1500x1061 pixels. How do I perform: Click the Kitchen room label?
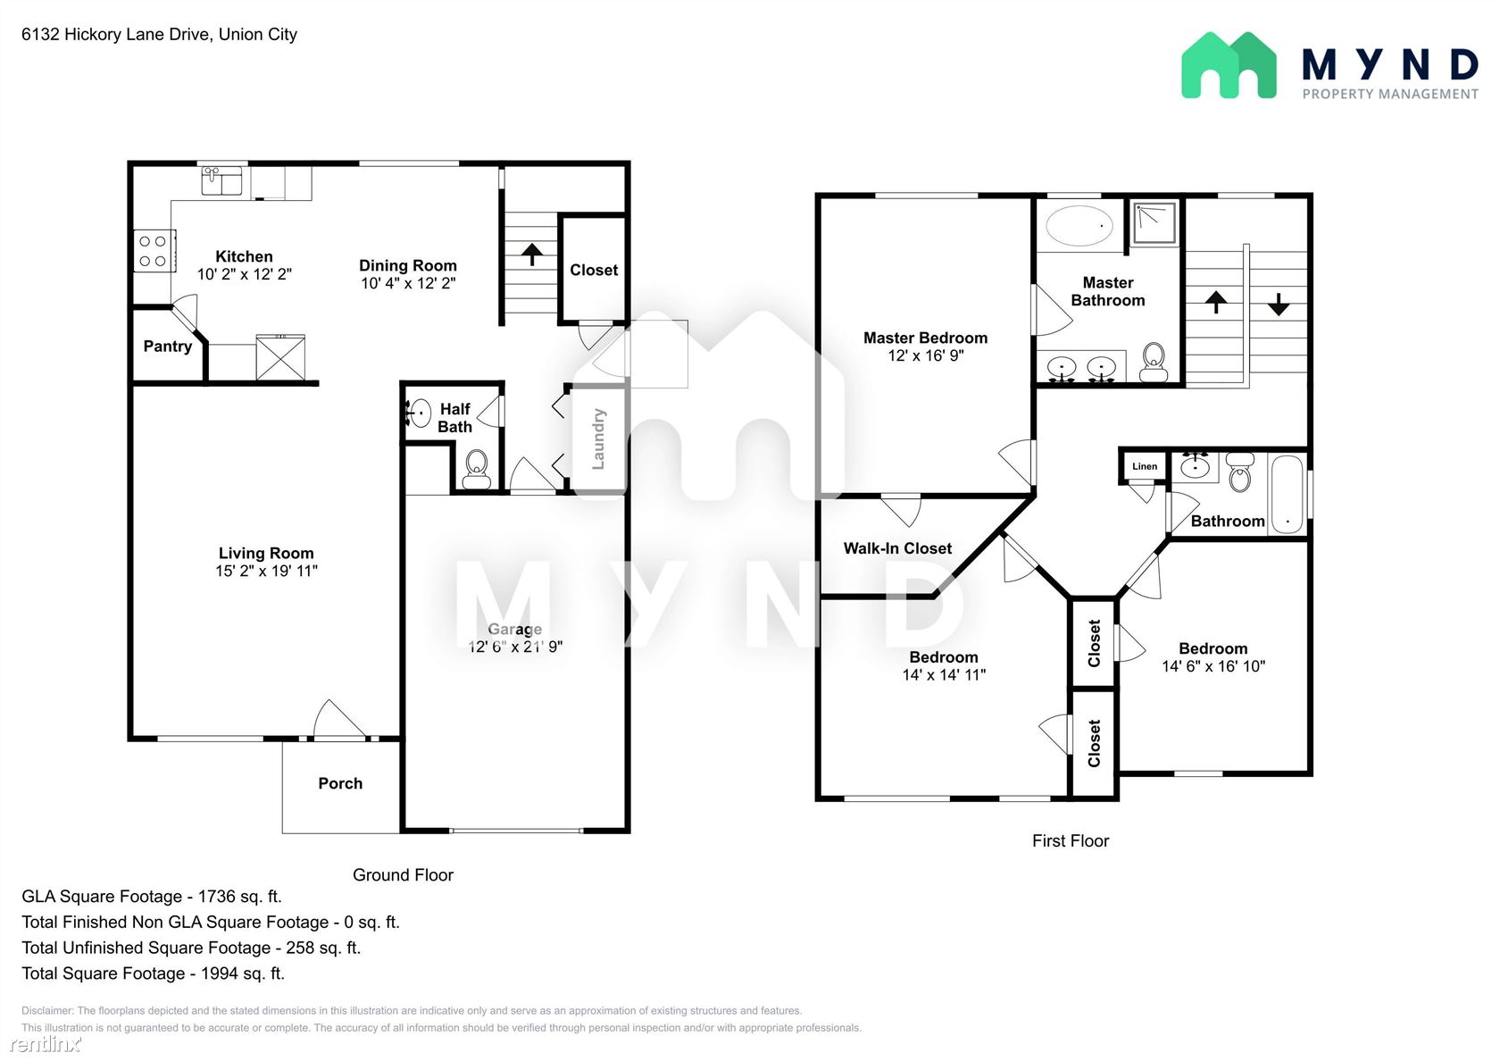(244, 256)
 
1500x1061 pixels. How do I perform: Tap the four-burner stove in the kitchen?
(154, 251)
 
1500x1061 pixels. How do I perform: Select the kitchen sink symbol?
(221, 180)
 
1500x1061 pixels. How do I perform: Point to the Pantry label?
(168, 347)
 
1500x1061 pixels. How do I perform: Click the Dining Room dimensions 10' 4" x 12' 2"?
(408, 283)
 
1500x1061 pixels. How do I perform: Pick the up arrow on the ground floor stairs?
(532, 255)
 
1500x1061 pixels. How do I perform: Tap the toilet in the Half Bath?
(477, 468)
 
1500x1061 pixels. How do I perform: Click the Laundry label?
(598, 439)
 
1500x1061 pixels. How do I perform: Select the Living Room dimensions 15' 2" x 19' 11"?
(266, 571)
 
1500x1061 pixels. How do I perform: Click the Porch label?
(340, 783)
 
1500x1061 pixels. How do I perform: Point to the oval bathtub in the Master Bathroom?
(1079, 226)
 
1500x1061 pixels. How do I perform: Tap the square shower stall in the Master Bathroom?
(1155, 223)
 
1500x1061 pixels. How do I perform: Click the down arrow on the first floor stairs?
(1279, 305)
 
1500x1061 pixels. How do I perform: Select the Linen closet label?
(1145, 466)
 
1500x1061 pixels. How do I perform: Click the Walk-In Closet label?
(897, 548)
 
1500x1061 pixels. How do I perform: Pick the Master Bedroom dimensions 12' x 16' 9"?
(925, 355)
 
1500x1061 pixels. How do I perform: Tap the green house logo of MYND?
(1229, 65)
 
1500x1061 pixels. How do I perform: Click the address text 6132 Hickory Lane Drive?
(116, 34)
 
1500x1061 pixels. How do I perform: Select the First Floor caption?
(1070, 840)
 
